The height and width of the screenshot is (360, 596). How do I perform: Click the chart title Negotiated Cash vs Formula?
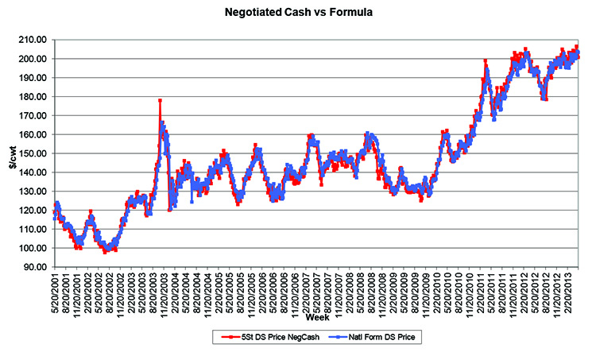click(x=298, y=14)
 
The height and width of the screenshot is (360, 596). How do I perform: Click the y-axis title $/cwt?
click(x=14, y=153)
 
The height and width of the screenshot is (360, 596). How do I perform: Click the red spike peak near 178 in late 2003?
click(x=160, y=100)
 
